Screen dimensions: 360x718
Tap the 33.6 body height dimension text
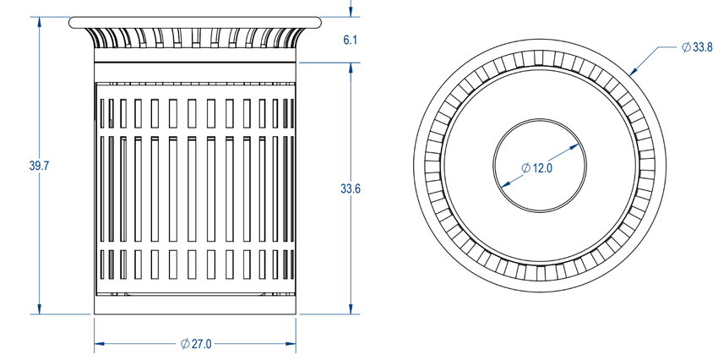pos(352,189)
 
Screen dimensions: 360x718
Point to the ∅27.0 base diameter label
pos(196,344)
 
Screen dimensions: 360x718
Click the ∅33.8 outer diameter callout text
pos(697,48)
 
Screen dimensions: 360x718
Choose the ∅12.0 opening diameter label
pos(536,168)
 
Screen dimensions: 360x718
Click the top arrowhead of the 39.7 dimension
pos(40,21)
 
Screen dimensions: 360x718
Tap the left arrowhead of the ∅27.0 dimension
pos(98,344)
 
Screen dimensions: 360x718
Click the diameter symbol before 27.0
pos(185,344)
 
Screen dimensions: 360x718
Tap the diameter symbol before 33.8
pos(685,48)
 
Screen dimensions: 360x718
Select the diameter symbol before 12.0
pos(525,168)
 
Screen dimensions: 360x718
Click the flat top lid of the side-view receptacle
pos(196,21)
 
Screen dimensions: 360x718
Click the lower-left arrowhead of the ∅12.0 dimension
pos(503,184)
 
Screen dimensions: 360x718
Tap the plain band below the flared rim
pos(196,56)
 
